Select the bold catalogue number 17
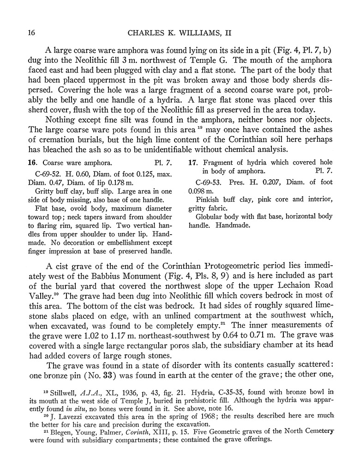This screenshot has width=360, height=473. point(193,163)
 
